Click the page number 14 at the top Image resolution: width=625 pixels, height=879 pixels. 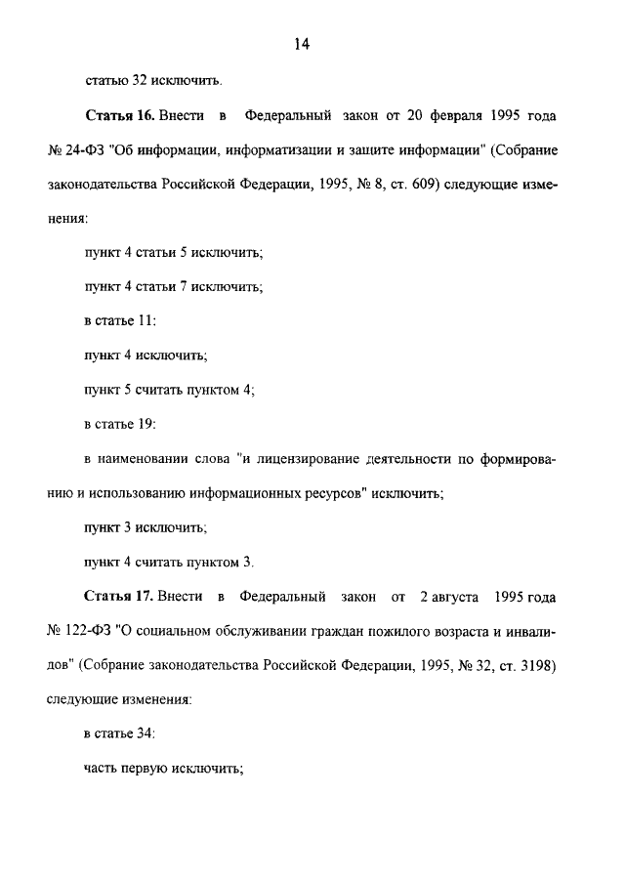click(x=301, y=44)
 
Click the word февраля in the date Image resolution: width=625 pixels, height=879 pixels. click(x=454, y=116)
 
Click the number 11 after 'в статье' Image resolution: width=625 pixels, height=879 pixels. click(x=147, y=319)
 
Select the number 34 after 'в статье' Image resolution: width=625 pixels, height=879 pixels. click(x=147, y=732)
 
